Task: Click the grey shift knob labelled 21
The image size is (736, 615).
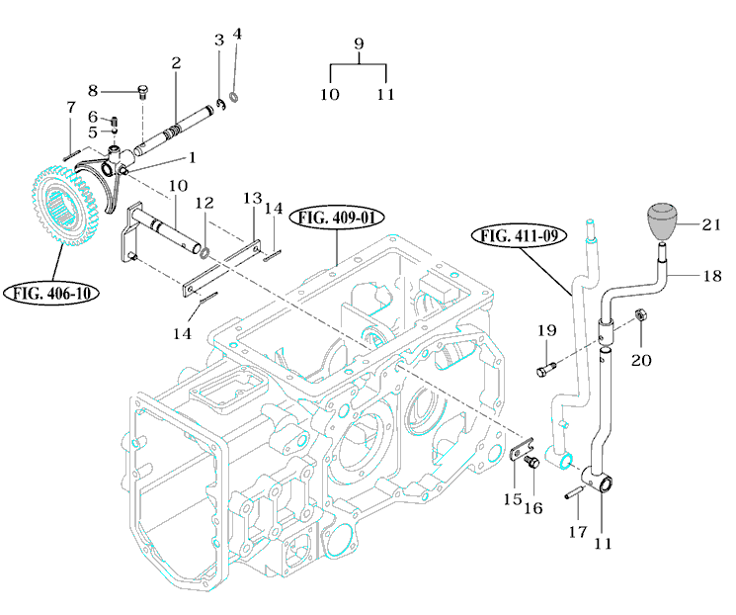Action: click(663, 221)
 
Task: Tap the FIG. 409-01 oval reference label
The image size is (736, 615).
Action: click(337, 218)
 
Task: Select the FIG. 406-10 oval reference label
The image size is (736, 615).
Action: click(51, 294)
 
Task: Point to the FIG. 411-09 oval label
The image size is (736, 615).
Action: click(520, 235)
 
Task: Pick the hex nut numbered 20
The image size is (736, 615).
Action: click(640, 314)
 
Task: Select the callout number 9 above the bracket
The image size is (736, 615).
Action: click(359, 44)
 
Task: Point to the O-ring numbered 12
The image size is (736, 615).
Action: click(204, 254)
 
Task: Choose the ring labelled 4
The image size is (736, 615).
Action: click(234, 97)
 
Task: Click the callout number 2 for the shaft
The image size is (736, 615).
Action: click(176, 62)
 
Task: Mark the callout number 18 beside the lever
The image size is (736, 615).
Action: click(711, 275)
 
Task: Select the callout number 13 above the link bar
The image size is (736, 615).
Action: click(252, 199)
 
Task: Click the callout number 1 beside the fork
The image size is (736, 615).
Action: click(192, 157)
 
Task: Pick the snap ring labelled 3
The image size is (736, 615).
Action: click(221, 105)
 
